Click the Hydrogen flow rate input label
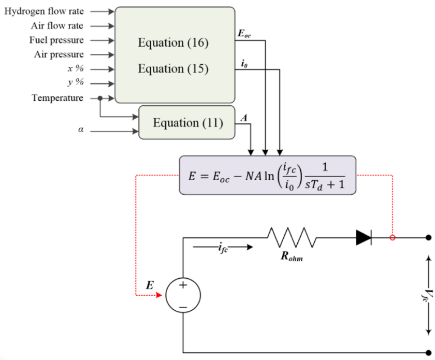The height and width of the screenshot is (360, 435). (44, 11)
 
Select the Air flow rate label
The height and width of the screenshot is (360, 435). (56, 25)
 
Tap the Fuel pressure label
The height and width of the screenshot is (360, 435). (56, 40)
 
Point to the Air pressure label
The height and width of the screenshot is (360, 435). (59, 54)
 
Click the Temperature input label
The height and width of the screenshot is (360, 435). (57, 97)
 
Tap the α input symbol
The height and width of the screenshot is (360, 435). (80, 131)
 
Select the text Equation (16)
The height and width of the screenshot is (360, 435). (173, 43)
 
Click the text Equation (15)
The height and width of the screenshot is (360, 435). (173, 69)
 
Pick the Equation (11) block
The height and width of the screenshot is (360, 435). (187, 123)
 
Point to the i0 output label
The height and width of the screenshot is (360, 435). (244, 63)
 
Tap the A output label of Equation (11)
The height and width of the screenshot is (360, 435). (243, 118)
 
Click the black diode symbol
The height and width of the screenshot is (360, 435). (364, 238)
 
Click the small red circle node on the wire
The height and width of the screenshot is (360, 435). (392, 238)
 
